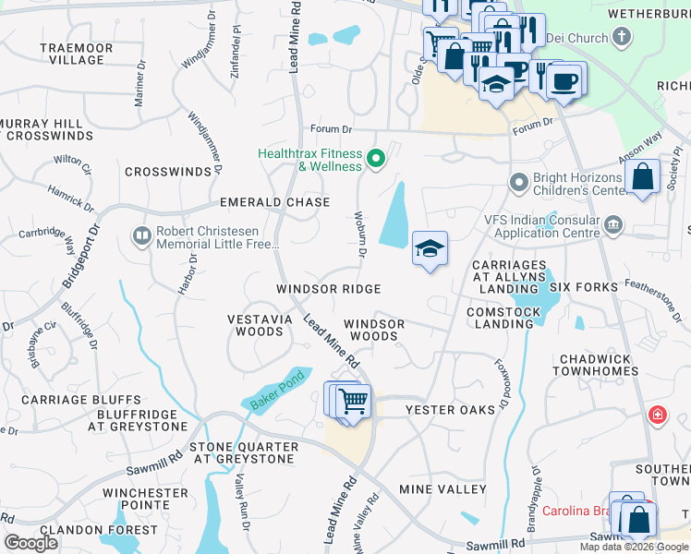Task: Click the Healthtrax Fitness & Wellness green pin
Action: pos(375,160)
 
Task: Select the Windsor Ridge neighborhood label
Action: pos(329,289)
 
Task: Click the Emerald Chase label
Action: pos(274,202)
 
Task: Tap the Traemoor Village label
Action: pos(77,54)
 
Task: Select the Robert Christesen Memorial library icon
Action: pos(141,236)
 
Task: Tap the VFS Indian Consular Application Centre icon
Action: pos(613,224)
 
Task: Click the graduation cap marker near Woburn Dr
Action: pos(430,248)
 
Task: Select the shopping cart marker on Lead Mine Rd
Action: pos(353,402)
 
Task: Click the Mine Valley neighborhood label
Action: pos(442,488)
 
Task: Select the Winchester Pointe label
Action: pos(145,500)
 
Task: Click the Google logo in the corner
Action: pos(31,542)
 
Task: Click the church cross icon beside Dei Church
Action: pos(622,38)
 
